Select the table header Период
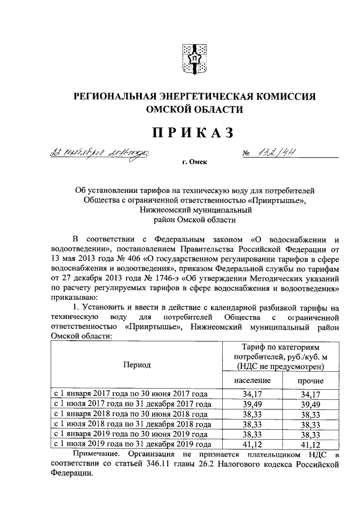click(137, 364)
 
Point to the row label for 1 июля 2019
click(131, 444)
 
